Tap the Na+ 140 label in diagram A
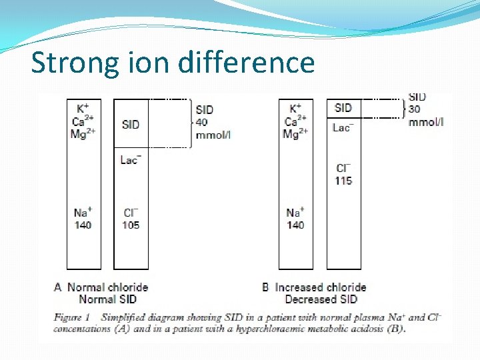pos(83,219)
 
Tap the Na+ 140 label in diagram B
pos(295,219)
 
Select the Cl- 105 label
pos(131,219)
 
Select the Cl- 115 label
pos(343,174)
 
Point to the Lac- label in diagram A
pos(131,159)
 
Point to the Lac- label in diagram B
pos(343,127)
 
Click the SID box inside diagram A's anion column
pos(131,124)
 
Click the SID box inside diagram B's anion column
pos(343,107)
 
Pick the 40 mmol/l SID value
pos(212,123)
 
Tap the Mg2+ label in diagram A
pos(83,133)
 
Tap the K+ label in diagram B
pos(295,108)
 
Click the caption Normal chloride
pos(107,287)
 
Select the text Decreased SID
pos(321,299)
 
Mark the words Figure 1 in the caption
pos(72,317)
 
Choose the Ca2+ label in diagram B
pos(295,121)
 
